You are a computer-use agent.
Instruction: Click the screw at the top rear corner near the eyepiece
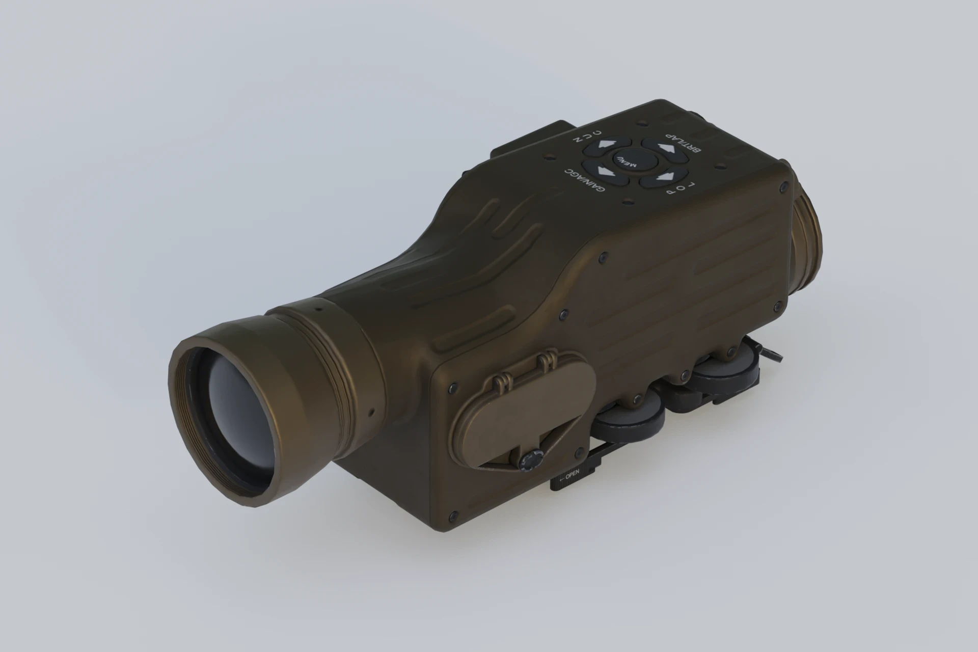(780, 188)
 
